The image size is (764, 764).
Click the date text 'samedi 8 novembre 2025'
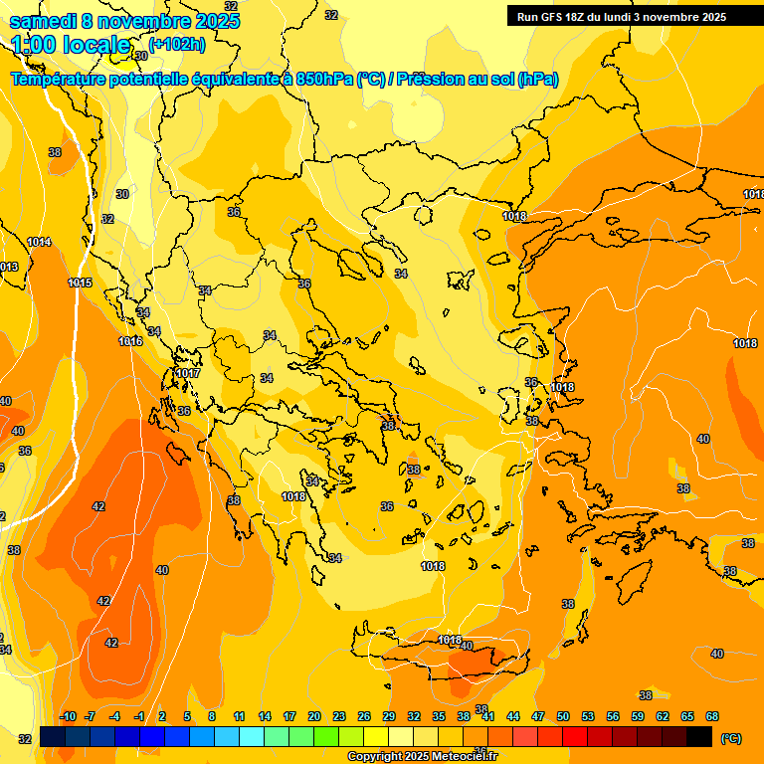[124, 21]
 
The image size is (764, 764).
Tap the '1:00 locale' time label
[71, 45]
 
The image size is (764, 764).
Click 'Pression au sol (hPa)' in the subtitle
[477, 80]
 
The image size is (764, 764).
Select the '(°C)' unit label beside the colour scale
[729, 738]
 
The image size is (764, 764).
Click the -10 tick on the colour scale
[68, 716]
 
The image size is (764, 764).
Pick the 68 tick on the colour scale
[712, 716]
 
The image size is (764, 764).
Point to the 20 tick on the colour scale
[314, 716]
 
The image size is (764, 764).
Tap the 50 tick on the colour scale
[563, 716]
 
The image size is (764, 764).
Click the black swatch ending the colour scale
[699, 736]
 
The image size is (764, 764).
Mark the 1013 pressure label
[8, 267]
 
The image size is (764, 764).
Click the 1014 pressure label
[39, 242]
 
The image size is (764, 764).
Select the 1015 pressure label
[81, 284]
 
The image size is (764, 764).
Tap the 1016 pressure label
[130, 341]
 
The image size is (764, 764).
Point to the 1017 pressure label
[187, 373]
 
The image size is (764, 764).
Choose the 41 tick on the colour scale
[488, 716]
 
